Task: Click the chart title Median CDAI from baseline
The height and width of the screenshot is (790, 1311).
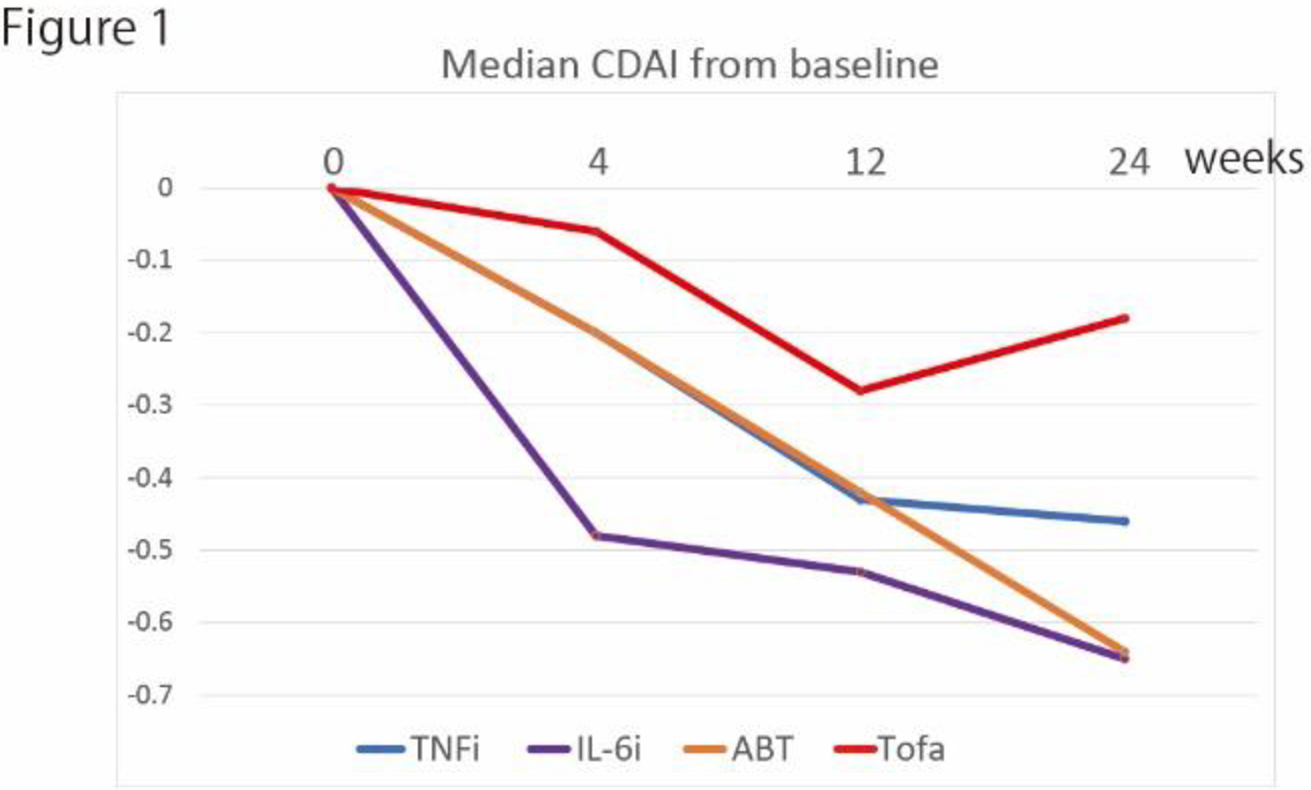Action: pos(690,64)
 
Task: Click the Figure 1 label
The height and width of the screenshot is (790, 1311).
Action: pos(85,28)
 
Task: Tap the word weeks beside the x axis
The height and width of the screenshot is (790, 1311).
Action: pos(1244,159)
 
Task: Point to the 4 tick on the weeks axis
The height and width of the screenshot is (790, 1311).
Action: pos(598,162)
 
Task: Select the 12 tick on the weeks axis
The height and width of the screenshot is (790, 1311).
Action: pos(865,162)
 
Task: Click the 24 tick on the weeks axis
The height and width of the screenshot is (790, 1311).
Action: pos(1129,162)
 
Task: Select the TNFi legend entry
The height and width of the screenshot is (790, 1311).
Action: pos(418,749)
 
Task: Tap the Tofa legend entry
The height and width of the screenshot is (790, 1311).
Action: pos(889,749)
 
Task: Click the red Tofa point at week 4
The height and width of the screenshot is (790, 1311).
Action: pos(598,232)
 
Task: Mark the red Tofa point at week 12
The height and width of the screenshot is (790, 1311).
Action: pos(861,391)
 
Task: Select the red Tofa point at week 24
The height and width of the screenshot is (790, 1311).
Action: pos(1125,318)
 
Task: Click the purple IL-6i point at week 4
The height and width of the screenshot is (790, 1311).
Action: pos(596,536)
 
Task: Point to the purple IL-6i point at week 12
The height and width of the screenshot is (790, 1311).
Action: pos(861,572)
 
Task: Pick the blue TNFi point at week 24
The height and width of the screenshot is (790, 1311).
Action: pos(1125,521)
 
